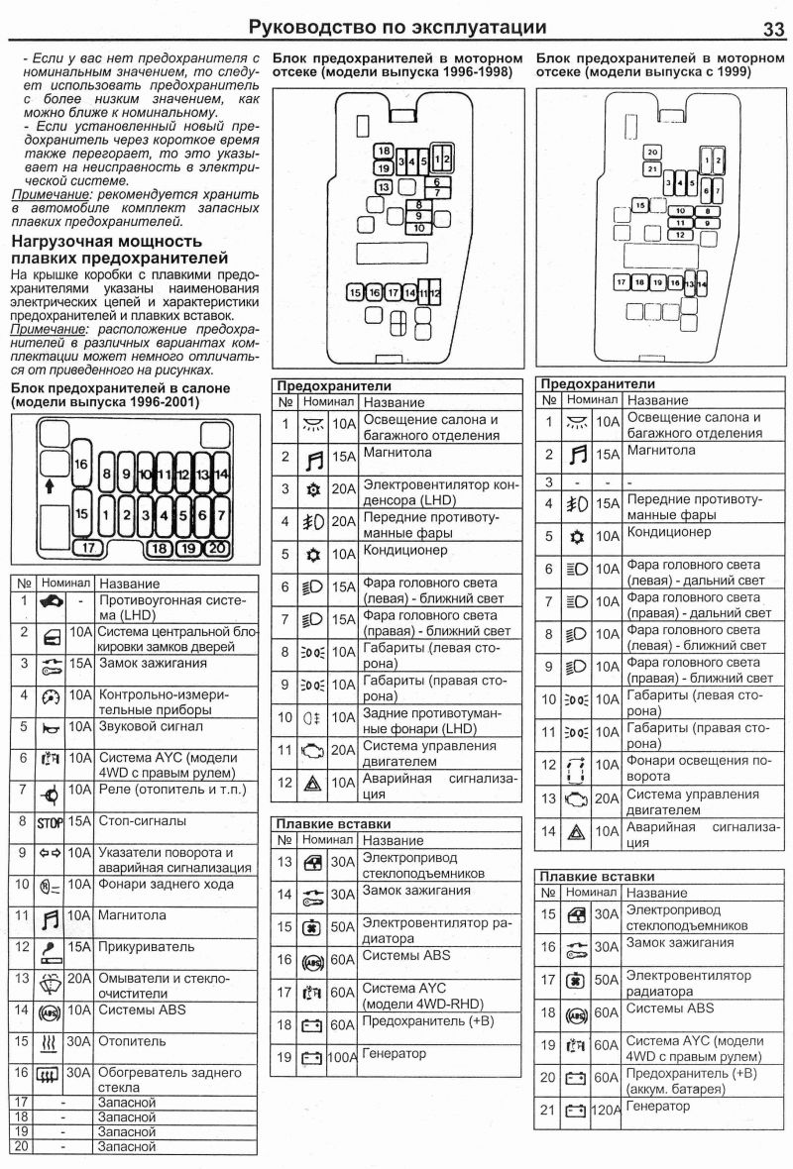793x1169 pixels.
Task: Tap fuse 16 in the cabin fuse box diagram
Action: (x=81, y=465)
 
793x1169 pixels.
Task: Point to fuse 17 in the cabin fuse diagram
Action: (x=88, y=546)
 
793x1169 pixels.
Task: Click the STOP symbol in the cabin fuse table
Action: (x=50, y=822)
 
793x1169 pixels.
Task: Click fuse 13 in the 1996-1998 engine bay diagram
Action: (x=383, y=186)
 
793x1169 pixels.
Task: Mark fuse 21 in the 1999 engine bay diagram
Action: (x=651, y=169)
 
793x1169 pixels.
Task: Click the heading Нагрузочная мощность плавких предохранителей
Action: (x=106, y=250)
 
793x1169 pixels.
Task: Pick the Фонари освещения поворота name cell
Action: (x=699, y=769)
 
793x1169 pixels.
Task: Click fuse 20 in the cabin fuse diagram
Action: (x=217, y=546)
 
